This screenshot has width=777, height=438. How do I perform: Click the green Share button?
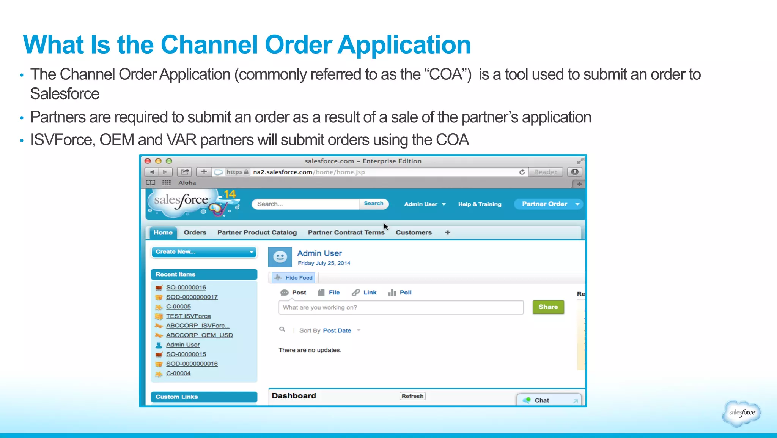tap(548, 307)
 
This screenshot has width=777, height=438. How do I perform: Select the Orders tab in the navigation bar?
tap(195, 232)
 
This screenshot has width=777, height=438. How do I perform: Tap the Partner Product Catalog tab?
tap(257, 232)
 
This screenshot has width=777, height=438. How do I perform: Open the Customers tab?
tap(414, 232)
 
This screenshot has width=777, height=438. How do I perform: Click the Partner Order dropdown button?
tap(548, 204)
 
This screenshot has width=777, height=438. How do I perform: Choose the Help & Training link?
tap(480, 204)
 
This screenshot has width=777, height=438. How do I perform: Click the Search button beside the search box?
tap(373, 204)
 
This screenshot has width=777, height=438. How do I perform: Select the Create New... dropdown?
tap(204, 252)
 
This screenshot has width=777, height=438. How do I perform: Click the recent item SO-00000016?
tap(186, 288)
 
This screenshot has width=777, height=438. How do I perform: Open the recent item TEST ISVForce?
tap(188, 316)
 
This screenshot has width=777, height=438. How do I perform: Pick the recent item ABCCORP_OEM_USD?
tap(199, 335)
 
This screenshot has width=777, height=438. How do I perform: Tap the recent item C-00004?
tap(178, 373)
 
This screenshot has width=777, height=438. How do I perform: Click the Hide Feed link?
tap(299, 278)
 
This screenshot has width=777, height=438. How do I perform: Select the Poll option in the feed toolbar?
tap(405, 293)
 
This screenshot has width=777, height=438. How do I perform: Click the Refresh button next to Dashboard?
tap(412, 396)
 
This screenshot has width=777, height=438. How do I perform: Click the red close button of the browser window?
tap(148, 161)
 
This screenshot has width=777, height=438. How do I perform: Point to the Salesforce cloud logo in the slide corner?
tap(741, 413)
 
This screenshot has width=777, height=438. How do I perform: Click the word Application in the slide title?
tap(404, 45)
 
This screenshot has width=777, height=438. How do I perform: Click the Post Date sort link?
tap(337, 330)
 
